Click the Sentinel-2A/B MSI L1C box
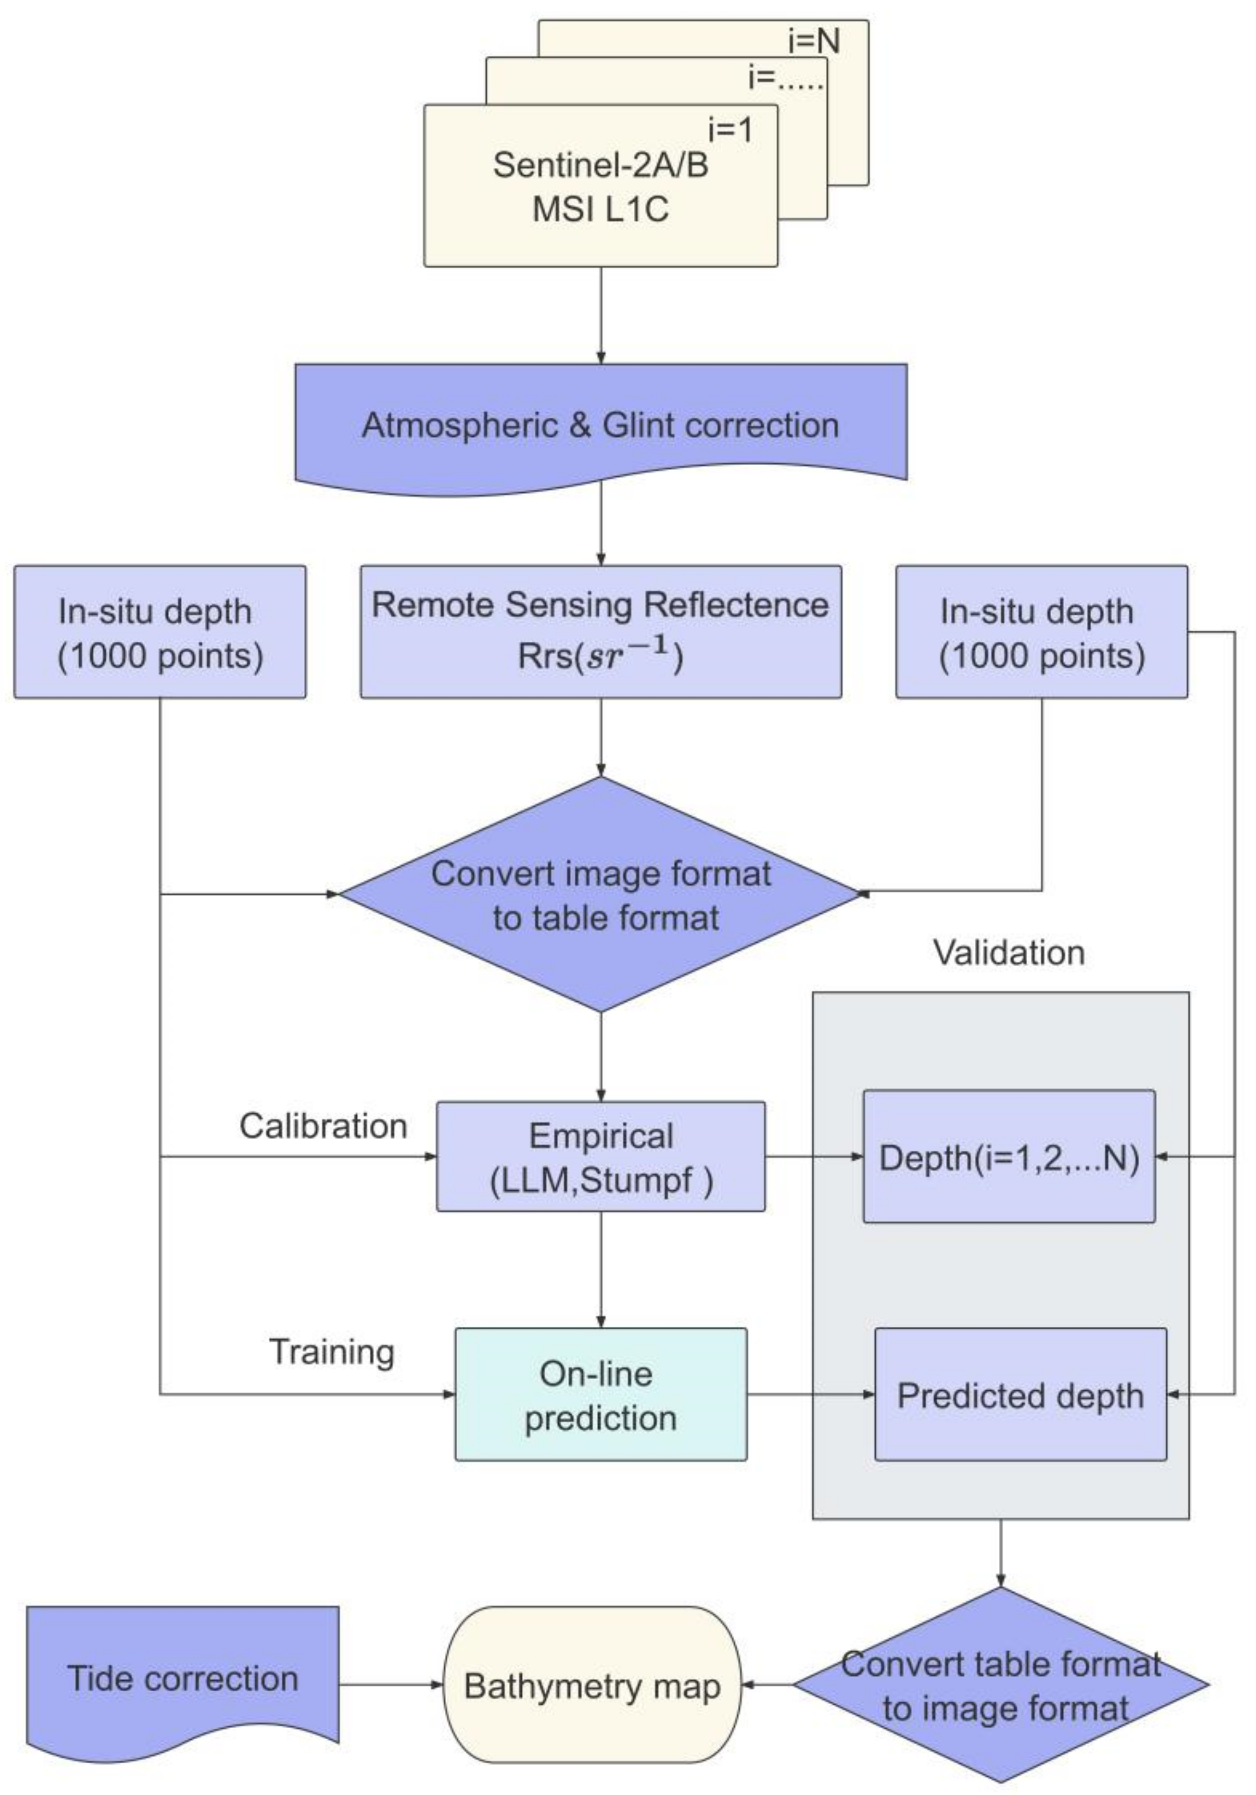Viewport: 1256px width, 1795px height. click(600, 188)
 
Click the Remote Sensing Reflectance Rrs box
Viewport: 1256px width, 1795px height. click(600, 631)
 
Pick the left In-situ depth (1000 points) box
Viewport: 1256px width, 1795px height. click(160, 632)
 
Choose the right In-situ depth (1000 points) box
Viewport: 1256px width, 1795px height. click(1041, 632)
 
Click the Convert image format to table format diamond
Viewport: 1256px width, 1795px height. click(600, 895)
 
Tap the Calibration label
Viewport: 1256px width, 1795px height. click(323, 1126)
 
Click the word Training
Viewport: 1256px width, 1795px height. click(332, 1352)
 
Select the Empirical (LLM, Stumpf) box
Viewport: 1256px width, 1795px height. click(600, 1157)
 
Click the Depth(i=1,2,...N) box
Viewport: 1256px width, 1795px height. click(1008, 1157)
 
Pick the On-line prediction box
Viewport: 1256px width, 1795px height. click(600, 1395)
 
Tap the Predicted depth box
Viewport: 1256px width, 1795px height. click(1020, 1395)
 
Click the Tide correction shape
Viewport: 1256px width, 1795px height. click(182, 1678)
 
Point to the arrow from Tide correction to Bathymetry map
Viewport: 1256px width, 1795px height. click(391, 1685)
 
